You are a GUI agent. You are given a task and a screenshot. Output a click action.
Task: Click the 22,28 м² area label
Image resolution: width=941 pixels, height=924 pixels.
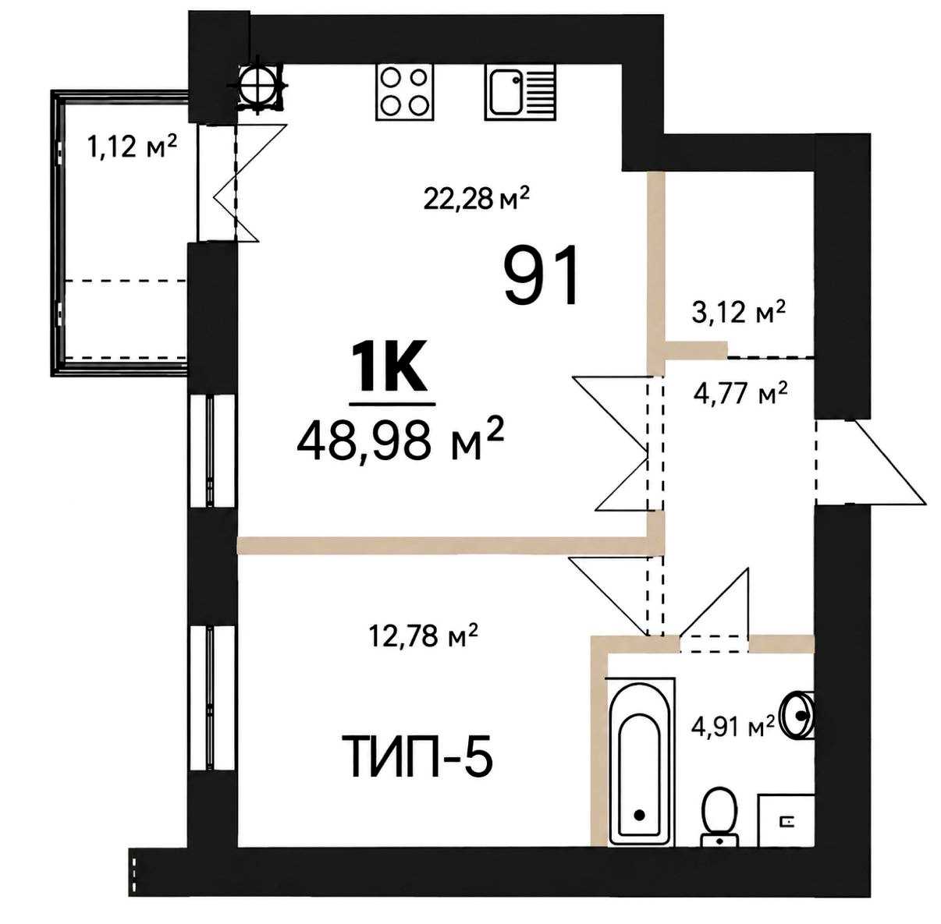(476, 198)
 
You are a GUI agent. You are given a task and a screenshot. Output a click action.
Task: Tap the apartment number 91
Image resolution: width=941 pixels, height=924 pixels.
(541, 276)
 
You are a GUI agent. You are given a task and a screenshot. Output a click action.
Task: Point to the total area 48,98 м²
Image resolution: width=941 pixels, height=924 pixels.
(400, 443)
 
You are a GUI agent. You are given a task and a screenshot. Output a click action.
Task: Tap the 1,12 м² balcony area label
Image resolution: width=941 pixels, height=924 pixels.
(131, 146)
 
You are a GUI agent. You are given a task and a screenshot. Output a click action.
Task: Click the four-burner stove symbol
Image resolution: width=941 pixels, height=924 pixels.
(405, 92)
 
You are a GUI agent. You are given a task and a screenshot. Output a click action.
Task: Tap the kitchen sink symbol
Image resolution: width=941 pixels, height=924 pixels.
(520, 92)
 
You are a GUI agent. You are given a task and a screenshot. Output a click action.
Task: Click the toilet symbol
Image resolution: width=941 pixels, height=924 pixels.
(719, 819)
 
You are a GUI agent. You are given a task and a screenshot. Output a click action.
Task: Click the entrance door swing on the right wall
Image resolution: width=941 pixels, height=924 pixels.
(872, 462)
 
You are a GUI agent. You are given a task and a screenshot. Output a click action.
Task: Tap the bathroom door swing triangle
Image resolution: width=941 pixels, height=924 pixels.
(715, 610)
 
